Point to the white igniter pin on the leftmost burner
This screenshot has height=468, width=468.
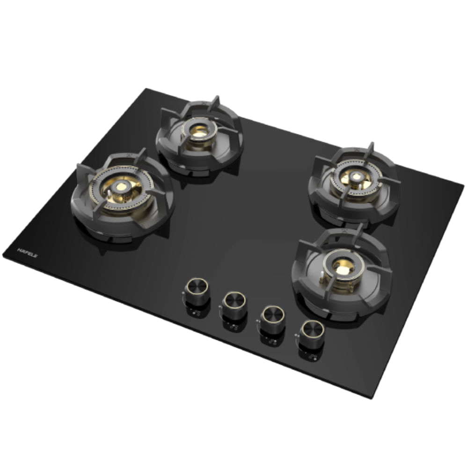point(109,193)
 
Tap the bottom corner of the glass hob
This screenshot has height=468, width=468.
point(372,397)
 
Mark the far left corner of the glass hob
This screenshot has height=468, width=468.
point(4,255)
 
